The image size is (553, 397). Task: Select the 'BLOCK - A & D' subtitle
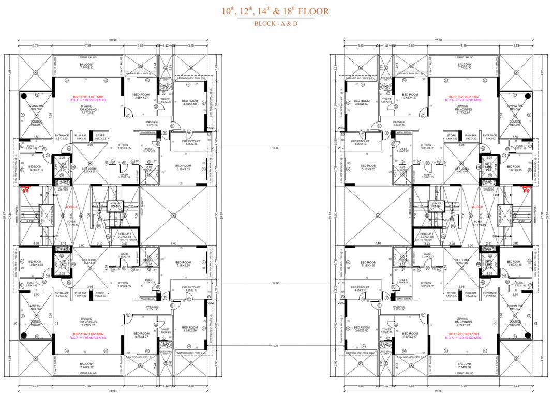click(276, 24)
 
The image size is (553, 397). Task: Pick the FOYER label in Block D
click(479, 223)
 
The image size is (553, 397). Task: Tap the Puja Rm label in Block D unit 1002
click(470, 138)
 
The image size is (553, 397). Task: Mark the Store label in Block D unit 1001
click(454, 295)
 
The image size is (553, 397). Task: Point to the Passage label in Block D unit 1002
click(399, 123)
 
